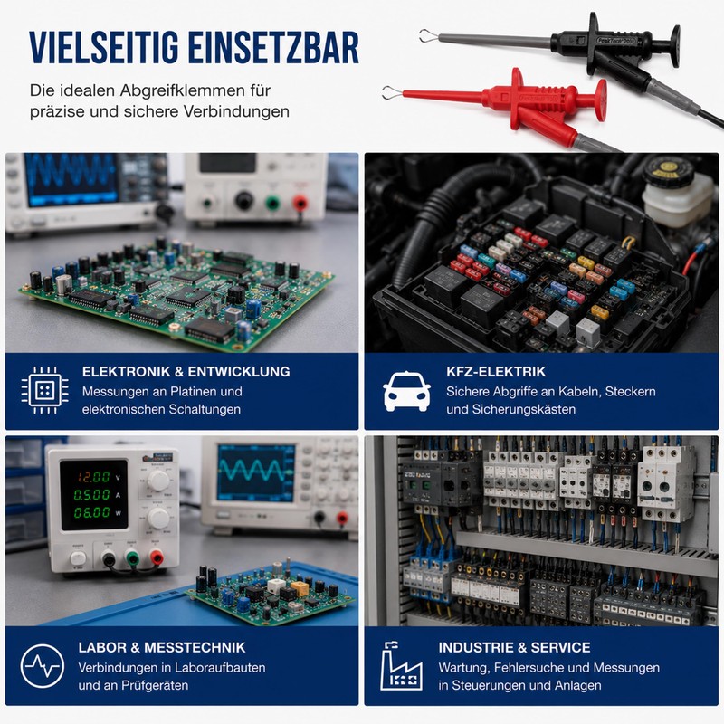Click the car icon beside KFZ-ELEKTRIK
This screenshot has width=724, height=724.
(406, 391)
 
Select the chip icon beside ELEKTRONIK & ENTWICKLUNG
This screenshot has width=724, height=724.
(44, 391)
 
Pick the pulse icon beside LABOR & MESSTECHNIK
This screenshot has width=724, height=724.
(43, 666)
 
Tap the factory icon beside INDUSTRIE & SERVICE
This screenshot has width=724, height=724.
(401, 666)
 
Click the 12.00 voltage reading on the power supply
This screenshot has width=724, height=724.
(93, 477)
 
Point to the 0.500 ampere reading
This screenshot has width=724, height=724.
(92, 495)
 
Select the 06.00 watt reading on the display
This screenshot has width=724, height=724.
(92, 512)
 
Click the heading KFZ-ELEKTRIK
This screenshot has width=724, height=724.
(495, 372)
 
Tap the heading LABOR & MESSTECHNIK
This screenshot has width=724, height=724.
(162, 647)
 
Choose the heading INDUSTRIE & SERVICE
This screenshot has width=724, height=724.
(514, 647)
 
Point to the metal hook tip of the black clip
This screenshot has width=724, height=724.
(427, 35)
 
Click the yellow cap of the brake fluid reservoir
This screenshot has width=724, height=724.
(666, 168)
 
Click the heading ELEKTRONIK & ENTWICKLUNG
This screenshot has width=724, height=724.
(186, 372)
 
